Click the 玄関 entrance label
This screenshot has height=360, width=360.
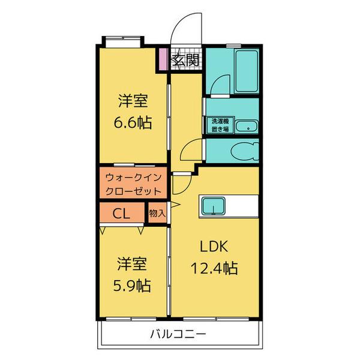coord(185,59)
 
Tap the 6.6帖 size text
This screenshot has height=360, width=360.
coord(133,122)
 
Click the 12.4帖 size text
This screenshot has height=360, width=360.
coord(214,267)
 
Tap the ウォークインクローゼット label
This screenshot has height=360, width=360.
coord(133,185)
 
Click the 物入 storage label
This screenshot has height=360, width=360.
coord(157,213)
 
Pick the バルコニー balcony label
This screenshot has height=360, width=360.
coord(181,334)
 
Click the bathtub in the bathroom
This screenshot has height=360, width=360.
coord(245,71)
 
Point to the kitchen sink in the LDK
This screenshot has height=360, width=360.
coord(211,206)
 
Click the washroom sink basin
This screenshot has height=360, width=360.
coord(245,126)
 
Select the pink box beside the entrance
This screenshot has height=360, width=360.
coord(163,59)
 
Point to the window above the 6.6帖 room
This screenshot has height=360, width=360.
coord(124,41)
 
